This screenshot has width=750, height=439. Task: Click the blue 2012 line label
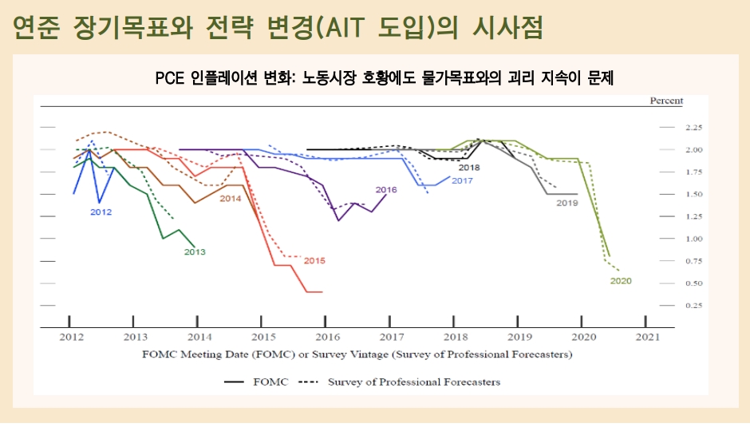tap(101, 212)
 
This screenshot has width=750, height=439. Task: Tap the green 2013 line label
tap(195, 251)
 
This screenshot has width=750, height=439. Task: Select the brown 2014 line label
tap(231, 198)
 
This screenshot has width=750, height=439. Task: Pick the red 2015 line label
tap(314, 260)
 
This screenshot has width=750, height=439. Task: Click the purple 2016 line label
tap(386, 190)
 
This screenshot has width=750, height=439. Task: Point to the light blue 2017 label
tap(462, 181)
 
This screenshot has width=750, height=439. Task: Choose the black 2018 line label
tap(469, 168)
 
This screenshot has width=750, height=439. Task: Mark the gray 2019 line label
tap(566, 204)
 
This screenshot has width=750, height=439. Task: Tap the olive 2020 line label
tap(621, 281)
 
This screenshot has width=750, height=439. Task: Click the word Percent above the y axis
tap(666, 101)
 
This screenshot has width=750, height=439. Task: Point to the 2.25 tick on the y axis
tap(693, 128)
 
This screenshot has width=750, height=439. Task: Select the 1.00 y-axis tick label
tap(693, 239)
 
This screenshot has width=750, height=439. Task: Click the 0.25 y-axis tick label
tap(693, 306)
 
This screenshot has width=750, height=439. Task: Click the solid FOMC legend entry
tap(255, 382)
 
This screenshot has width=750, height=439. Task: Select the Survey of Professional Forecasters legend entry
tap(399, 382)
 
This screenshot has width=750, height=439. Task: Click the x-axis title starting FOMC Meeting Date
tap(357, 354)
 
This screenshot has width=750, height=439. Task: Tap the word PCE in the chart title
tap(171, 78)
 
